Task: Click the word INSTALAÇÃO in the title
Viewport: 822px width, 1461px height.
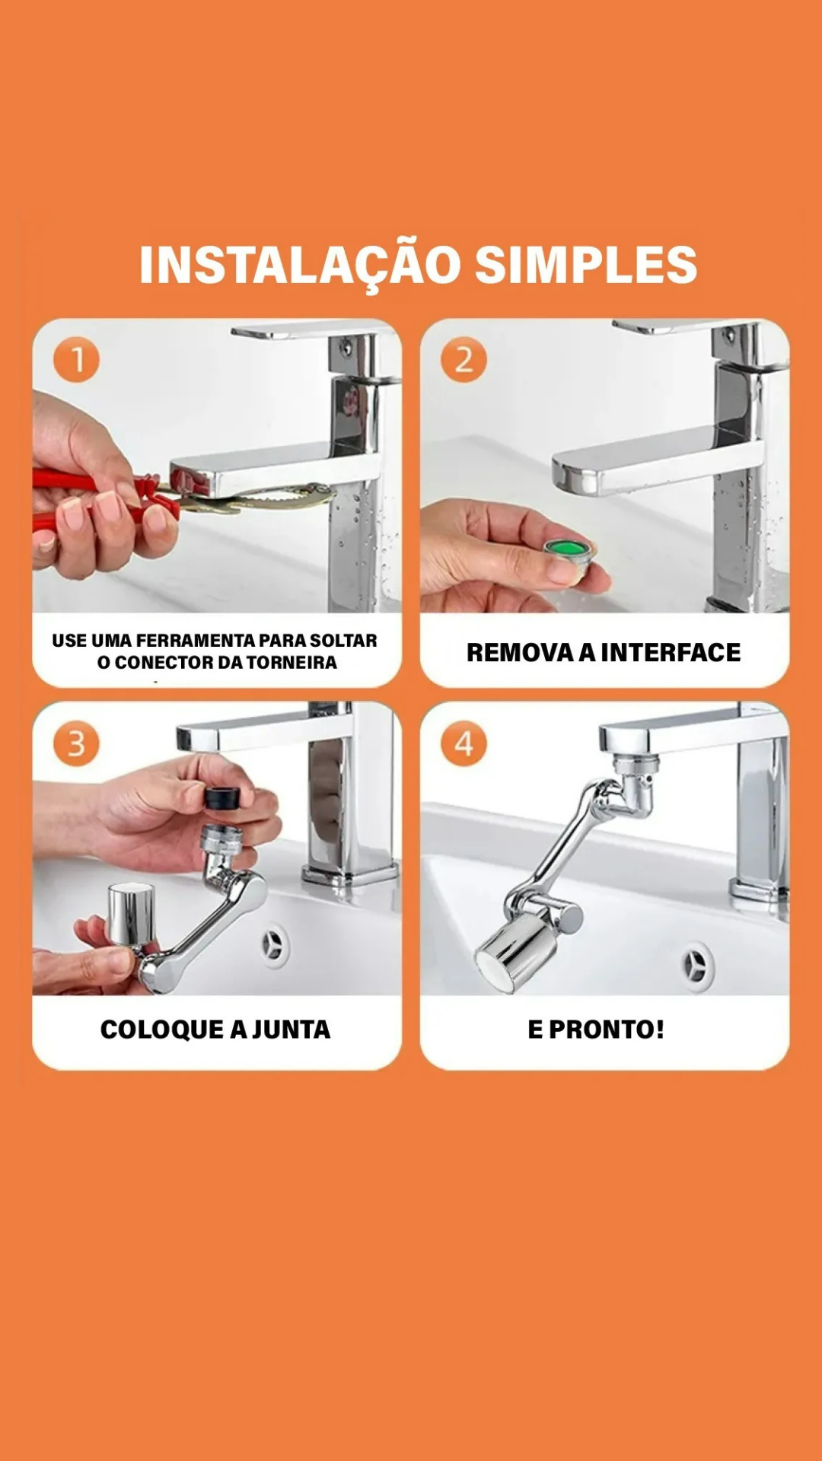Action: point(300,265)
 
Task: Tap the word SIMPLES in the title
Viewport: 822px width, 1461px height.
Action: point(585,265)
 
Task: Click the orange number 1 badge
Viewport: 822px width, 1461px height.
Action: point(76,360)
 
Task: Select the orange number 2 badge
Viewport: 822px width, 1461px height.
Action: point(464,360)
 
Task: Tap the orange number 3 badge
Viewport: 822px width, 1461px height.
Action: point(76,743)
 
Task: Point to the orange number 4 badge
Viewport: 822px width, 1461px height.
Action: point(464,743)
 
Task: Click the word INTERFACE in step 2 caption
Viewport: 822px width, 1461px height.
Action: point(671,653)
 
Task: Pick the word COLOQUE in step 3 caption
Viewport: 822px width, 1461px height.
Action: point(161,1030)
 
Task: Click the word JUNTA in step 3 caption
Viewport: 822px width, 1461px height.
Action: point(291,1030)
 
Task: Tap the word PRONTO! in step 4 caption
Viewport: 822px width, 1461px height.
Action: point(607,1030)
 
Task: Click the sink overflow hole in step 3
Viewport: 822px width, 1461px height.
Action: point(274,946)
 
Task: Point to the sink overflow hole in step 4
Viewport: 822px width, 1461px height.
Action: point(696,966)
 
